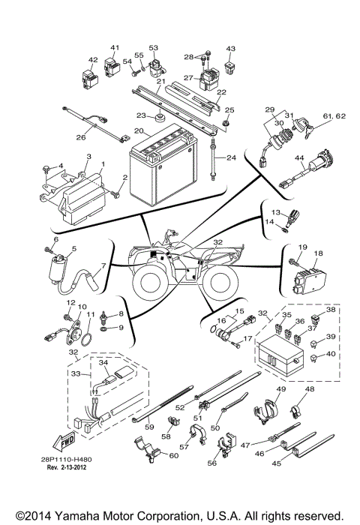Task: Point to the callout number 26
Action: click(81, 138)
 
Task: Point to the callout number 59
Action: click(149, 427)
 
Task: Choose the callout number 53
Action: click(154, 48)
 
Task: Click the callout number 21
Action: click(160, 81)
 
